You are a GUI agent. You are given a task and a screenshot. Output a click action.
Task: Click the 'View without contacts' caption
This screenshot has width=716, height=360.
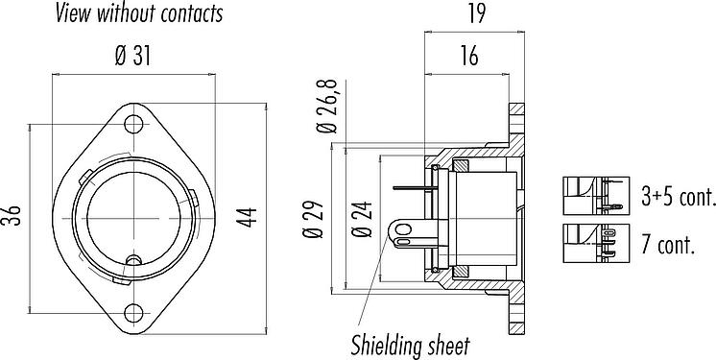point(139,13)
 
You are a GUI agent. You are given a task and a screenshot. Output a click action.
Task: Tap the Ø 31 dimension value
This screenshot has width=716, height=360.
point(132,57)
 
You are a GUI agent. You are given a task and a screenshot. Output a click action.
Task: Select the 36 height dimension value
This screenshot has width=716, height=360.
point(14,216)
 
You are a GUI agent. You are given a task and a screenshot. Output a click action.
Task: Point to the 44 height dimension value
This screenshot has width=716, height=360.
point(247,218)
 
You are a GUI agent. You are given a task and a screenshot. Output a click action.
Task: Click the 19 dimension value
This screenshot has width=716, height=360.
point(476,13)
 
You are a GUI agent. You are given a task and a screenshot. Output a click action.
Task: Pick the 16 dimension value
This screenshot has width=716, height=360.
point(469,57)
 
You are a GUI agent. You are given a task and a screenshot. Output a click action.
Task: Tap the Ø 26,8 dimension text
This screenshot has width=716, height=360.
point(327,107)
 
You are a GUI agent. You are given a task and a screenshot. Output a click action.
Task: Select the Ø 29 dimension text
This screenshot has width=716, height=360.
point(313,219)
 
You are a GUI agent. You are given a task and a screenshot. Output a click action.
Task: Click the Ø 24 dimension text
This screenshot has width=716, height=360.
point(362,219)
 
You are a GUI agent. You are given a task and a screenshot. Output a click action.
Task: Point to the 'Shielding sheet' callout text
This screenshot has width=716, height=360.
point(410,346)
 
